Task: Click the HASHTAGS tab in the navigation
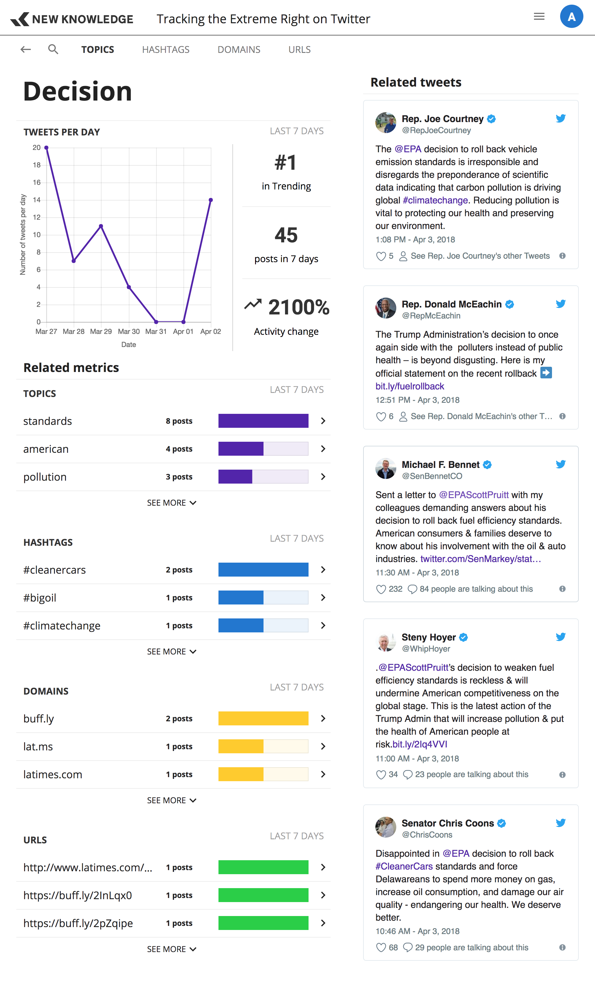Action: click(x=166, y=49)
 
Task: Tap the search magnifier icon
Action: click(x=53, y=49)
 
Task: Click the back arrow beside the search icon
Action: click(x=26, y=49)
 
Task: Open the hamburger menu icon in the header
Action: click(x=539, y=17)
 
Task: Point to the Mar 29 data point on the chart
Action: click(x=101, y=226)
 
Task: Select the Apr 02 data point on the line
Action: click(x=211, y=200)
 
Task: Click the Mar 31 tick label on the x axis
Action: click(x=156, y=332)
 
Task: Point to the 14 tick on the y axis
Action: click(x=37, y=200)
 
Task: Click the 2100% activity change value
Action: click(x=298, y=307)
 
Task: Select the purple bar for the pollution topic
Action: click(x=235, y=477)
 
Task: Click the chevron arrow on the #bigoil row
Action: click(x=323, y=598)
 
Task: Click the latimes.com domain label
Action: click(x=53, y=774)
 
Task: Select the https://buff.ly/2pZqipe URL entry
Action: click(x=78, y=923)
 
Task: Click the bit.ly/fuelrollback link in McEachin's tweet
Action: click(x=410, y=386)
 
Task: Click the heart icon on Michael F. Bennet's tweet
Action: click(x=381, y=589)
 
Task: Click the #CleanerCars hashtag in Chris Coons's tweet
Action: click(x=404, y=866)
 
